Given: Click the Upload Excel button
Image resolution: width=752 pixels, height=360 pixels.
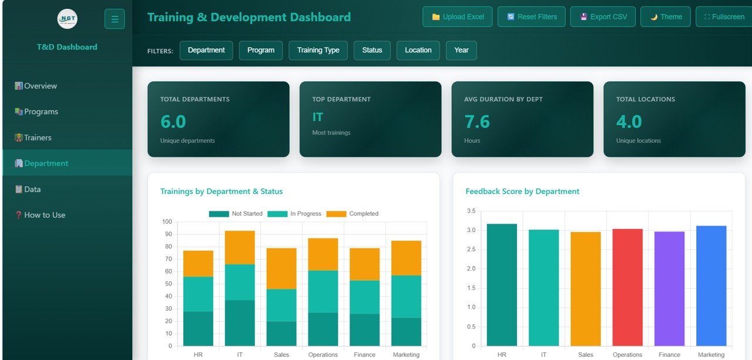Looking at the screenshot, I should coord(457,16).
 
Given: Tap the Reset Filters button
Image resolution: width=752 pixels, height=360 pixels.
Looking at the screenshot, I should coord(531,16).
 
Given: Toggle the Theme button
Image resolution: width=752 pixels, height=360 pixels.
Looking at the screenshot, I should coord(665,16).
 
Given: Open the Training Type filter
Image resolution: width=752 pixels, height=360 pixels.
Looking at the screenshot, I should coord(318,50).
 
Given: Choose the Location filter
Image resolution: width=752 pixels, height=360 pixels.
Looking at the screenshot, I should coord(418,50).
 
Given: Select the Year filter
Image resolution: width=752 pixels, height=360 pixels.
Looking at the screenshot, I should coord(461,50).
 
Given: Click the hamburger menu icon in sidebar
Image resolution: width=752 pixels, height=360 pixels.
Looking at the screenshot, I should coord(115,19).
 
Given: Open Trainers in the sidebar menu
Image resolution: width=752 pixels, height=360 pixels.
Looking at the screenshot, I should coord(38,137).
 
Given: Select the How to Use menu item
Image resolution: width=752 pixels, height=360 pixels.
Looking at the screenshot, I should coord(44,215).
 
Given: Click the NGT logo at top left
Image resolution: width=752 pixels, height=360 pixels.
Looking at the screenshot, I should coord(67,19).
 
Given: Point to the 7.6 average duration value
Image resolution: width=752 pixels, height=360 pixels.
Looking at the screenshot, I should coord(476,122).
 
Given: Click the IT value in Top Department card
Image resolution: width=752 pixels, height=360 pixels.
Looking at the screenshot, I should coord(318,117).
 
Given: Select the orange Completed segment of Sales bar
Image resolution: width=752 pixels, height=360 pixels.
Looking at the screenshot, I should coord(281,268).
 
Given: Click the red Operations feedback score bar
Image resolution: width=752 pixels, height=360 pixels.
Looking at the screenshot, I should coord(627,287).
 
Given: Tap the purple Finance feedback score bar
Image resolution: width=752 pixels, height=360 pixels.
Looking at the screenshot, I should coord(669,288).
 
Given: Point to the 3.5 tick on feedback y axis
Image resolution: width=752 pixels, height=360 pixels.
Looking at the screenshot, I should coord(471,211).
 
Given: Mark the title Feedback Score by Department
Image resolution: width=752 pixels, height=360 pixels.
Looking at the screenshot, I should coord(522,191).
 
